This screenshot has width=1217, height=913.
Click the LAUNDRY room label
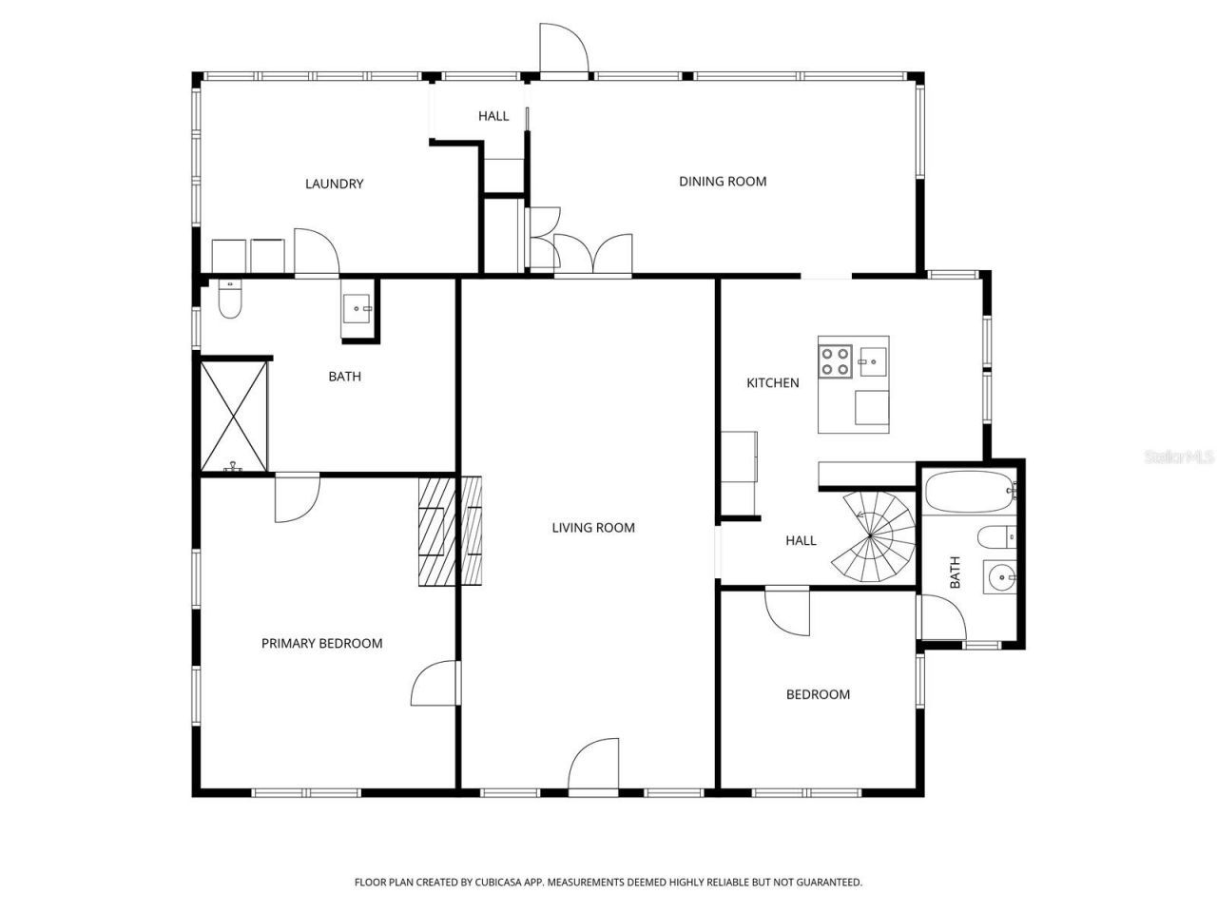[x=334, y=184]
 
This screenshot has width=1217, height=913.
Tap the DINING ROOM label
[x=722, y=181]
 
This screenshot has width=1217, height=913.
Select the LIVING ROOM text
[x=593, y=527]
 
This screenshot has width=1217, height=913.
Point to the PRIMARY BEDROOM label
[x=321, y=643]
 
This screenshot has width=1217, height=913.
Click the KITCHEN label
[x=772, y=382]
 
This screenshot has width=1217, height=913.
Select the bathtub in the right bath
[x=971, y=491]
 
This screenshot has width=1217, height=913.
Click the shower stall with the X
[x=233, y=415]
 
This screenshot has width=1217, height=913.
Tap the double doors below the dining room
[x=592, y=254]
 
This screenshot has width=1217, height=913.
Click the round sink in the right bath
[x=998, y=576]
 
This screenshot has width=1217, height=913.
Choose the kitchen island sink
[x=871, y=358]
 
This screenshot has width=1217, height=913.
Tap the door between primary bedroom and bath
[x=297, y=497]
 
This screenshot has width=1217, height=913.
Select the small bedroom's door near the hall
[x=787, y=610]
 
